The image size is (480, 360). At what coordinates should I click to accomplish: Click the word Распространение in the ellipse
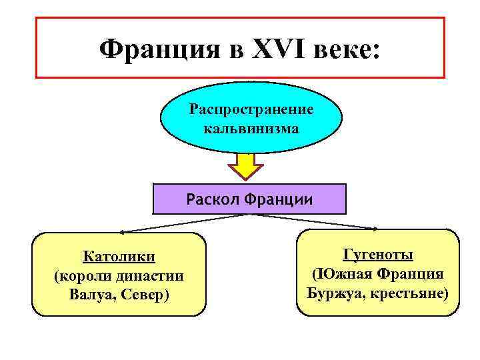pyautogui.click(x=251, y=107)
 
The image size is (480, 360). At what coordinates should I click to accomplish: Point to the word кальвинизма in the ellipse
pyautogui.click(x=251, y=127)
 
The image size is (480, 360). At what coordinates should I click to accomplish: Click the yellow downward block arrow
pyautogui.click(x=247, y=166)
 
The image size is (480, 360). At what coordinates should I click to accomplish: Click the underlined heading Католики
pyautogui.click(x=119, y=257)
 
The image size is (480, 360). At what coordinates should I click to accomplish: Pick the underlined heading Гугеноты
pyautogui.click(x=377, y=255)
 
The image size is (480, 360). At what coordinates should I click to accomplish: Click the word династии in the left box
pyautogui.click(x=151, y=275)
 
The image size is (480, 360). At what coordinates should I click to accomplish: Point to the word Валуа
pyautogui.click(x=91, y=294)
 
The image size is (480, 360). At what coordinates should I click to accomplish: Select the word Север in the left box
pyautogui.click(x=145, y=294)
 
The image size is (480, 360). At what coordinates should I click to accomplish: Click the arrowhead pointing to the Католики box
pyautogui.click(x=124, y=232)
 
